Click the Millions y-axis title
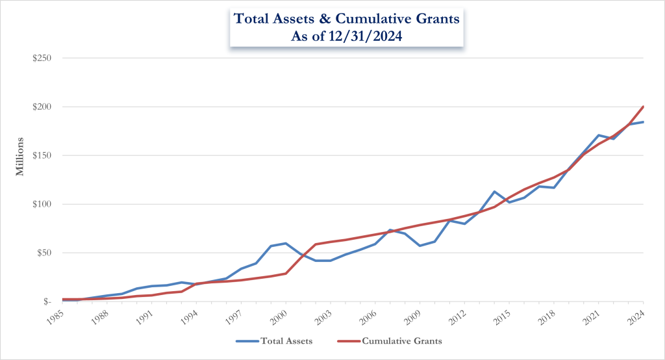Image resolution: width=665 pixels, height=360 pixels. click(21, 156)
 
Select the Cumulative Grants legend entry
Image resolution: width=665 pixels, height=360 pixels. click(395, 340)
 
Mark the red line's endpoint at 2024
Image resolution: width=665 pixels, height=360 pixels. click(643, 107)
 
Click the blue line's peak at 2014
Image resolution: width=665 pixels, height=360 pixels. click(494, 192)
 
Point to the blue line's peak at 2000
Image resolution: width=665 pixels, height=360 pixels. click(286, 243)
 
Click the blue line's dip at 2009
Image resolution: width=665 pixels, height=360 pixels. click(420, 246)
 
